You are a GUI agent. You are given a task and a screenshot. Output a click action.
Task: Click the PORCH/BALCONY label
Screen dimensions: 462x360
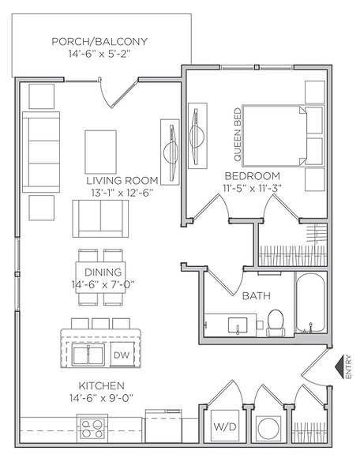pos(99,42)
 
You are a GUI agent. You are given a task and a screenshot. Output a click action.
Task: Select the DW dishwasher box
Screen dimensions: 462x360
pos(122,355)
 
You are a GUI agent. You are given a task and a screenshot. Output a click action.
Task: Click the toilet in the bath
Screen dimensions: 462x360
pos(276,321)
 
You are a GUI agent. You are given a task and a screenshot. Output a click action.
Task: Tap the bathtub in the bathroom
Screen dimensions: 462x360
pos(314,305)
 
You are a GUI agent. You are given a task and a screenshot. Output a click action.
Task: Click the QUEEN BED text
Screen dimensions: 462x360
pos(237,130)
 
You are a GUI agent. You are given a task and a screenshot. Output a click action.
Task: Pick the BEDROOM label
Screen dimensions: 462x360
pos(253,175)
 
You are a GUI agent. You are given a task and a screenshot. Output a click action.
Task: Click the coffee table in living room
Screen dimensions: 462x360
pos(100,148)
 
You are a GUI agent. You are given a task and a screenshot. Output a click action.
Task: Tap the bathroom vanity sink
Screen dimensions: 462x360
pos(234,324)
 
